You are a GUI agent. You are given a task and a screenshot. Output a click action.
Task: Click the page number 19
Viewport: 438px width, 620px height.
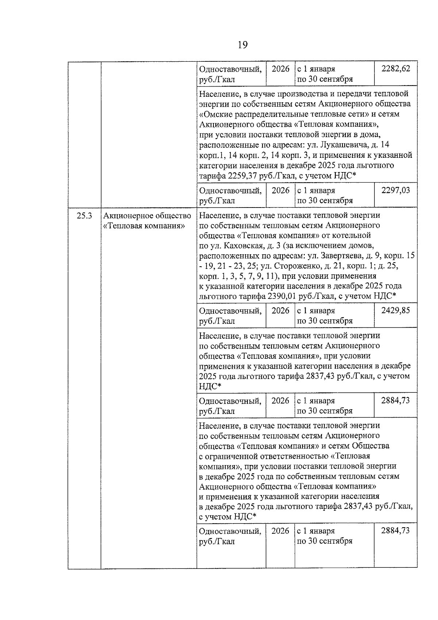242,45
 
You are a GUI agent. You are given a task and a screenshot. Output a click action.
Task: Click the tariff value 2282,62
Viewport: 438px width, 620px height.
396,69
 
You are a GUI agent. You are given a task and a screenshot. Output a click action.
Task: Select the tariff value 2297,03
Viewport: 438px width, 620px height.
396,190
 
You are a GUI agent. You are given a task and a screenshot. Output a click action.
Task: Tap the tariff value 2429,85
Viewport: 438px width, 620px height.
396,311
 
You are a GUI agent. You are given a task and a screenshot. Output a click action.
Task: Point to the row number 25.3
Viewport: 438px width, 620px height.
84,216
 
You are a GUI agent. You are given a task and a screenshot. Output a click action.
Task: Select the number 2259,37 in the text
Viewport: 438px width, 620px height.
242,176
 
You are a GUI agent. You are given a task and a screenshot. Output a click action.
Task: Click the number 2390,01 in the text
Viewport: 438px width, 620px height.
282,296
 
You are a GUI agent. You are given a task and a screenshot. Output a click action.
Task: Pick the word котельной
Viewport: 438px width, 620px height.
353,235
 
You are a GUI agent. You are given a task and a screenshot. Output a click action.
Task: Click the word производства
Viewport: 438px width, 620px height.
287,94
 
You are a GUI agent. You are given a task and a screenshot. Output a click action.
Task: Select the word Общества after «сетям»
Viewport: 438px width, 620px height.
370,446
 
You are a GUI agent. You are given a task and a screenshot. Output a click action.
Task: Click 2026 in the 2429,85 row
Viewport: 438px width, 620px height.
280,311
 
